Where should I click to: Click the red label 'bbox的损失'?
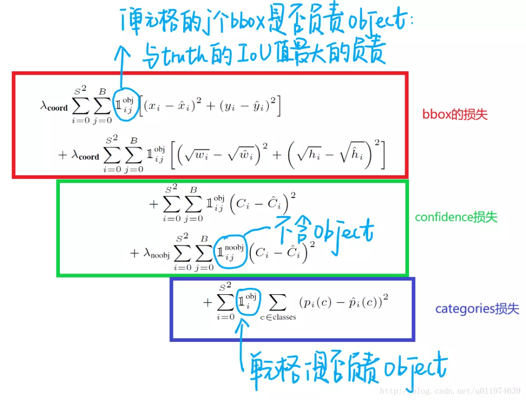point(455,115)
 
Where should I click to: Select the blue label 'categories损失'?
point(477,309)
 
